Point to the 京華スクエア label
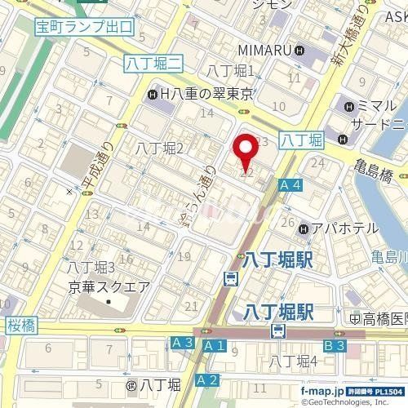pos(108,286)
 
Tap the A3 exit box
pos(182,344)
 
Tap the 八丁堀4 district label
pos(294,361)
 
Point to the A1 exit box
pos(214,347)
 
